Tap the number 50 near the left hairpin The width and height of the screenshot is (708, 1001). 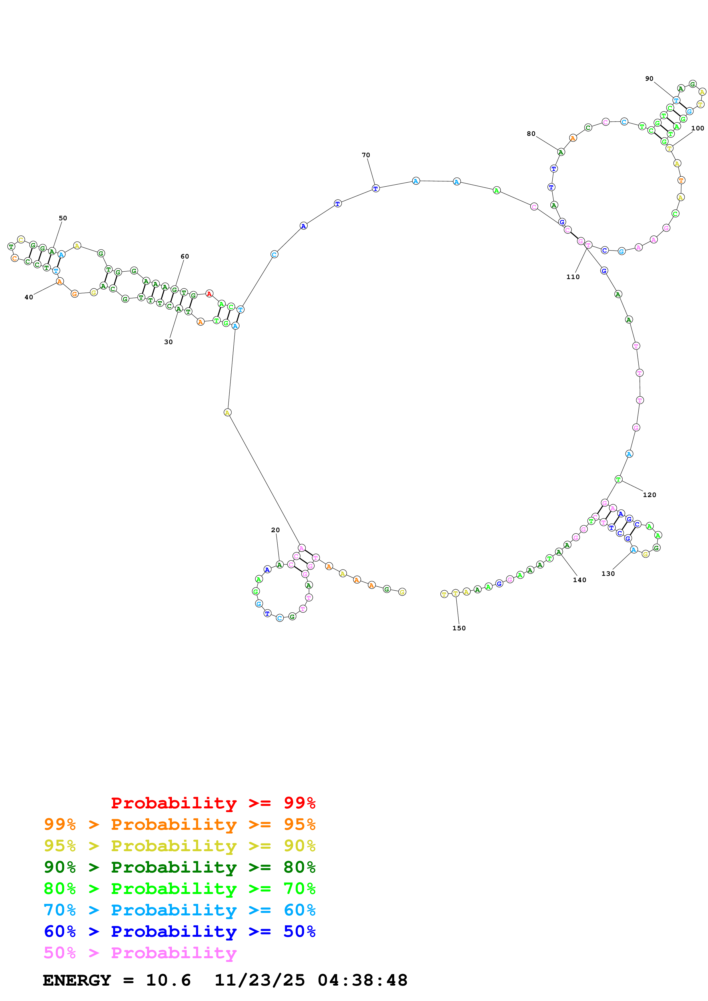click(63, 218)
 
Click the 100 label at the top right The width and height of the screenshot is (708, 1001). click(697, 128)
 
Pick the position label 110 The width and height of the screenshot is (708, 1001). click(573, 277)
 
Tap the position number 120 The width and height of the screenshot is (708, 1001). click(649, 495)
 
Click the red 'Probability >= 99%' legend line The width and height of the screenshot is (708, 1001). click(213, 803)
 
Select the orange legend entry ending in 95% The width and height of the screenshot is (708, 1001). click(180, 824)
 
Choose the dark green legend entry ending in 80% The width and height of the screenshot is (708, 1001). click(180, 867)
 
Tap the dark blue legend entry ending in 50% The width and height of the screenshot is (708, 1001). click(180, 931)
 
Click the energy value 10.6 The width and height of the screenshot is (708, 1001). click(169, 980)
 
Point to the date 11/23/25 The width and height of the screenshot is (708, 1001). click(260, 980)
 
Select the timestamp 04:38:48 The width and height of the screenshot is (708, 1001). click(362, 980)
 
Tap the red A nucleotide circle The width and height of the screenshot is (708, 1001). click(209, 294)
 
